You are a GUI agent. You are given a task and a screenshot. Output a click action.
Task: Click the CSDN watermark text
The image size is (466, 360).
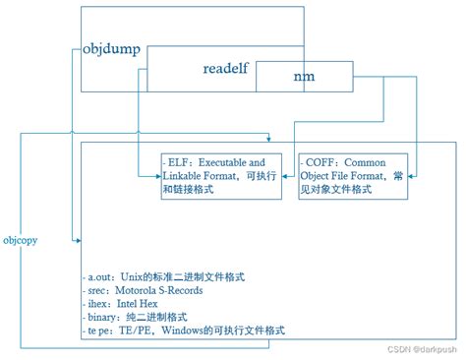397,349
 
